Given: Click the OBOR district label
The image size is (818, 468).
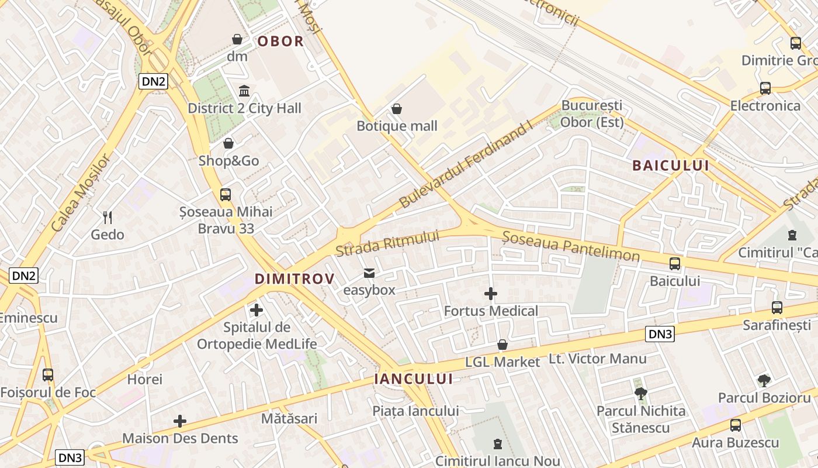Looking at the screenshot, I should coord(280,42).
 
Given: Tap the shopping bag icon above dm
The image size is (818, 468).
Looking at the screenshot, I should coord(237,39).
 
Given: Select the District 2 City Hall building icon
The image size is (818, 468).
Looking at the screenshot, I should coord(244,91).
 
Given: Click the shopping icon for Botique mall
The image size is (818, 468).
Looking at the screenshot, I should coord(397,109).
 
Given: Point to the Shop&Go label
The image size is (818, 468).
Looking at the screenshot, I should coord(229,161).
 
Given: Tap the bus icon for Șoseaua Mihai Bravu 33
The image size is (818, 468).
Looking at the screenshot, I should coord(226,194).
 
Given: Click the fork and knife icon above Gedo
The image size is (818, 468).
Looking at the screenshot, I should coord(108,218).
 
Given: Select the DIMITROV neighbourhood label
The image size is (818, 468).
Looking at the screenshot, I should coord(294,279).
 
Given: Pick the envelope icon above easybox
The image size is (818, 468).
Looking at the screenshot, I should coord(369,273).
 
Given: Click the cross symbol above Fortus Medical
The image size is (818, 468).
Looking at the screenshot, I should coord(491,294).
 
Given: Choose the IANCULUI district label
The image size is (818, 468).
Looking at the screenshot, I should coord(413,379).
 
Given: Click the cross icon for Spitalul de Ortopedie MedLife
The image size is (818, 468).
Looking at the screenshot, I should coord(257,310).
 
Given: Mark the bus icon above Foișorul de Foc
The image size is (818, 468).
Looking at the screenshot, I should coord(48,375).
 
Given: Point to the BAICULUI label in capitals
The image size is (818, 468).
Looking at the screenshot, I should coord(671,166).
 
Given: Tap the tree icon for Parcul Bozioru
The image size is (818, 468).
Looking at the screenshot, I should coord(764,381).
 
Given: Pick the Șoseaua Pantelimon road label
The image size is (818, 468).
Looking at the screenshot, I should coord(571,246).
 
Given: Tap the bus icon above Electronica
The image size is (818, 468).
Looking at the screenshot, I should coord(765,88).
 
